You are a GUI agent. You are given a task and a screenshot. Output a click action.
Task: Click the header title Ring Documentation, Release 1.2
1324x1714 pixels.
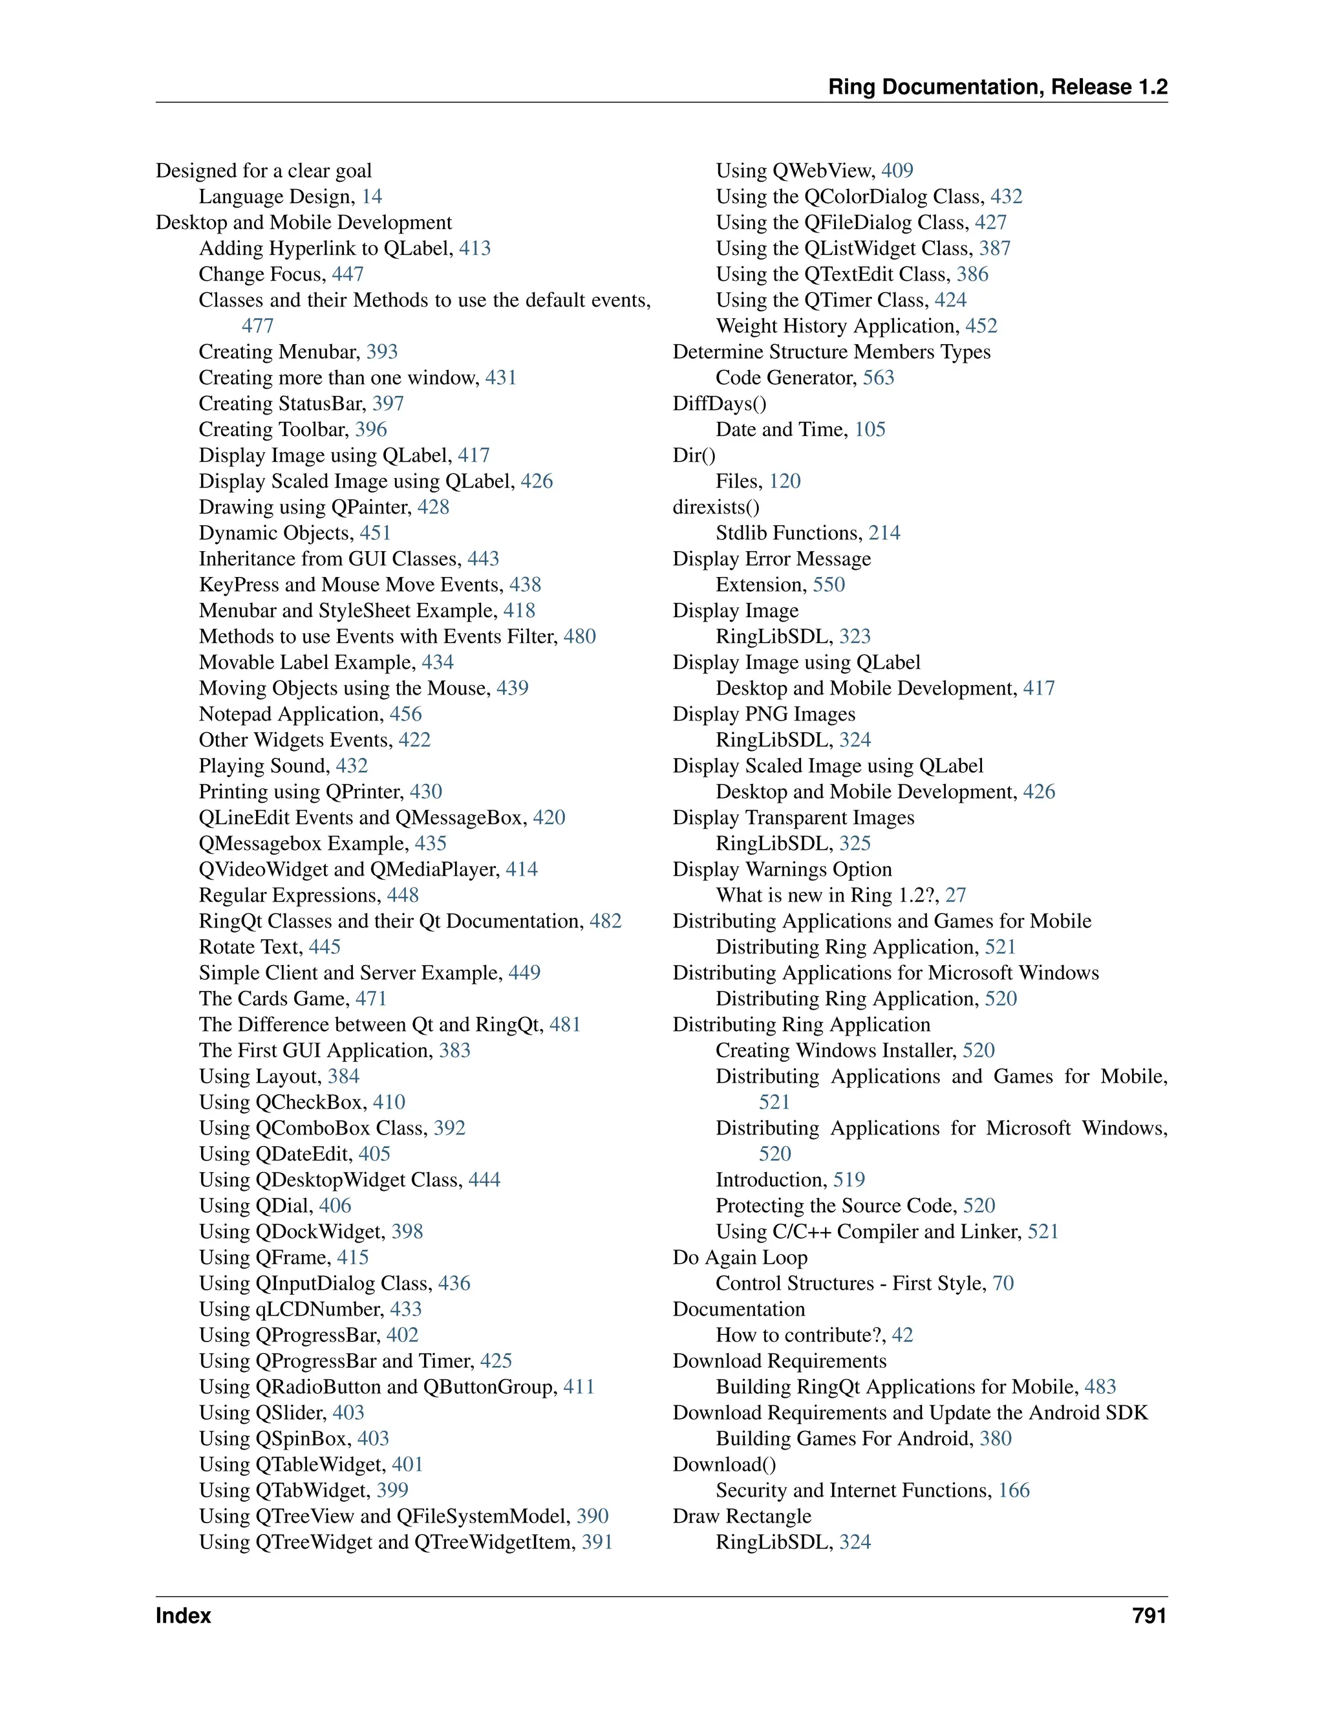coord(998,87)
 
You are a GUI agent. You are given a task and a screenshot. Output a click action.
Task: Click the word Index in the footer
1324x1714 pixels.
coord(183,1616)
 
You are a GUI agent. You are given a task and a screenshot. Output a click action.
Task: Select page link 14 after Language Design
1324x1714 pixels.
coord(372,197)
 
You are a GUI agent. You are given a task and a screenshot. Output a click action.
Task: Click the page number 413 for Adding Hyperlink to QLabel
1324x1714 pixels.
coord(475,249)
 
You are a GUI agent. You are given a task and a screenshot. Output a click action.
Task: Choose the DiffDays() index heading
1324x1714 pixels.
coord(720,404)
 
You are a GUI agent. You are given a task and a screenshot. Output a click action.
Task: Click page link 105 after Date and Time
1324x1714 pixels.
coord(870,429)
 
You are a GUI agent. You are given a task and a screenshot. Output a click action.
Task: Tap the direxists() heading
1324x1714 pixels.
coord(716,507)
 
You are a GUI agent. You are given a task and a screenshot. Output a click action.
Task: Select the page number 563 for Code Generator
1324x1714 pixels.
coord(879,378)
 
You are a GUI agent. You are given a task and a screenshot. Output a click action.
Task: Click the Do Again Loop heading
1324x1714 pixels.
coord(740,1257)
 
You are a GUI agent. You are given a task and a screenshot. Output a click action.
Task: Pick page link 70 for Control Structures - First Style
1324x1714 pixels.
coord(1003,1283)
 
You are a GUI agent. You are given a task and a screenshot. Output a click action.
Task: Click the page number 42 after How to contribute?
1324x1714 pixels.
coord(902,1335)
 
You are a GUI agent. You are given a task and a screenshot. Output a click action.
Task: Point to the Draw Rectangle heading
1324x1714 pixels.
coord(742,1516)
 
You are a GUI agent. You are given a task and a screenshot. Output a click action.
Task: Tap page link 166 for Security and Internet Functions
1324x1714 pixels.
coord(1014,1490)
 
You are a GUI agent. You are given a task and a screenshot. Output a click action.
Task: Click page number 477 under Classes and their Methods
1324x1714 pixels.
coord(257,326)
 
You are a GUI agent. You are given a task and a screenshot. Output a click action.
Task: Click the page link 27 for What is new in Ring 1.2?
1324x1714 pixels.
coord(956,895)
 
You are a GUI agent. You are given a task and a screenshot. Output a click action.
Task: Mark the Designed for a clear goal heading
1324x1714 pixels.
coord(264,171)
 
